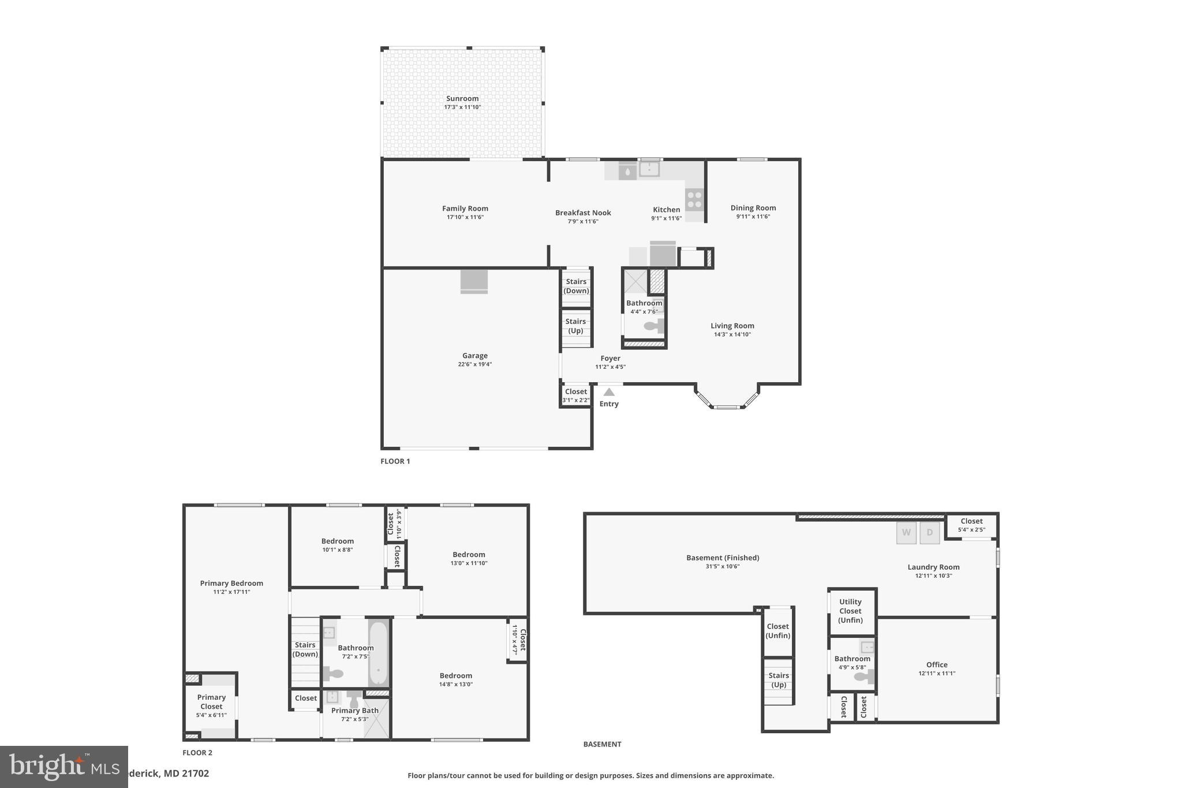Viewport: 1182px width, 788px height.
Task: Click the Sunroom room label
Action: click(x=462, y=99)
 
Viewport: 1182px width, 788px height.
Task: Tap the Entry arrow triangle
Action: click(x=609, y=392)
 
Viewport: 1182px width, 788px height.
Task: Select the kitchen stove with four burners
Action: click(x=694, y=200)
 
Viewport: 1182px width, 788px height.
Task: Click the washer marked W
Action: click(x=906, y=533)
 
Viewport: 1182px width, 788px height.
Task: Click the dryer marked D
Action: click(x=929, y=533)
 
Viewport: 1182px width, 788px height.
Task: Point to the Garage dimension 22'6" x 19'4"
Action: click(x=474, y=364)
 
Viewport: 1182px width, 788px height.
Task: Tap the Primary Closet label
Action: click(x=211, y=701)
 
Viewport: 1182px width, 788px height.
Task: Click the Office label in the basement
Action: click(x=937, y=664)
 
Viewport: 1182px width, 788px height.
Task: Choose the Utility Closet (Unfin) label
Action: click(x=850, y=611)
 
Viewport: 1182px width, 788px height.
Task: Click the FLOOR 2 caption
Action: click(x=197, y=753)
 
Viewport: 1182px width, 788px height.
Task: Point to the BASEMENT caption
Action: click(x=602, y=744)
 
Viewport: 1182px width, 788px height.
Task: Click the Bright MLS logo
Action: click(x=63, y=767)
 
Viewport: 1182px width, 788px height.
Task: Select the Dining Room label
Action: click(x=753, y=208)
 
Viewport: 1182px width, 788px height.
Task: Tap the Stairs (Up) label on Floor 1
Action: click(x=575, y=326)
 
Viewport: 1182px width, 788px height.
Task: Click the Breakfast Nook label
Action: click(x=583, y=212)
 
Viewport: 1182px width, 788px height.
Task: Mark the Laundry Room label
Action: click(x=933, y=567)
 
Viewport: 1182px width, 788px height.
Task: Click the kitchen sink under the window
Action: click(x=649, y=169)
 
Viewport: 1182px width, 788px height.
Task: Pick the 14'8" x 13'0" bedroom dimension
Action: click(x=455, y=685)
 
